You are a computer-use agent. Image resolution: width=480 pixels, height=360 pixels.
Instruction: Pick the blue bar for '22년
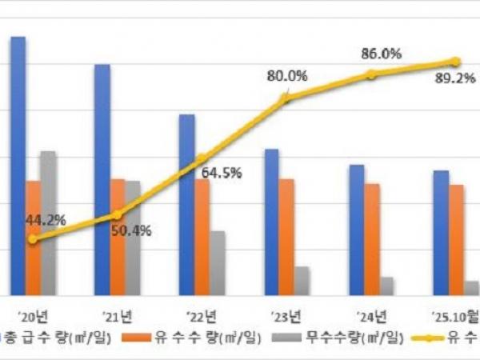pyautogui.click(x=186, y=205)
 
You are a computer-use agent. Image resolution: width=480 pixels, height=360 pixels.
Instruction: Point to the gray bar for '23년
pyautogui.click(x=302, y=281)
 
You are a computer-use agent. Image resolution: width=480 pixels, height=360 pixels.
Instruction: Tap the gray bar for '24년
pyautogui.click(x=387, y=286)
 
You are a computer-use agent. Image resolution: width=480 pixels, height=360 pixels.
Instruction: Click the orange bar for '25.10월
pyautogui.click(x=456, y=240)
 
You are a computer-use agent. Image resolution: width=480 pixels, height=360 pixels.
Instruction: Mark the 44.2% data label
pyautogui.click(x=45, y=219)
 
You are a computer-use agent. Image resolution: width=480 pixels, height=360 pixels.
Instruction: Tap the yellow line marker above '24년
pyautogui.click(x=371, y=74)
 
